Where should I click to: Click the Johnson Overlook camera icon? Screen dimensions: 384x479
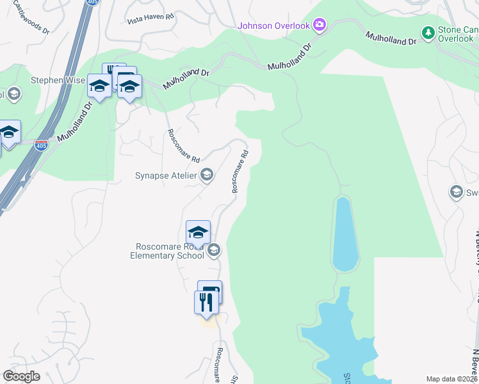point(319,26)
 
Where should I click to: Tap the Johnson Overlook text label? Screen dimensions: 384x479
point(273,26)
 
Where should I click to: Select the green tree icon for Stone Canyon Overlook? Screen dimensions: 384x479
point(428,32)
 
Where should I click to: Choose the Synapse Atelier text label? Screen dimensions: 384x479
point(165,175)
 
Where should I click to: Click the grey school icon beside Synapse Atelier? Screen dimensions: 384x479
point(207,174)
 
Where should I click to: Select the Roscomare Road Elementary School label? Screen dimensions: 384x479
point(170,251)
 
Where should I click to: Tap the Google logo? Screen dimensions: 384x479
point(21,376)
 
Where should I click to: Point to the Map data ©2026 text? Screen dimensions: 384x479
point(451,379)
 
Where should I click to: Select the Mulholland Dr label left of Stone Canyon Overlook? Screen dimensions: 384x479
point(391,38)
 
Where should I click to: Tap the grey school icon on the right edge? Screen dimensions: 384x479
point(457,192)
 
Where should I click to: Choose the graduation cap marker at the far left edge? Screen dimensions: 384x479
point(9,133)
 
